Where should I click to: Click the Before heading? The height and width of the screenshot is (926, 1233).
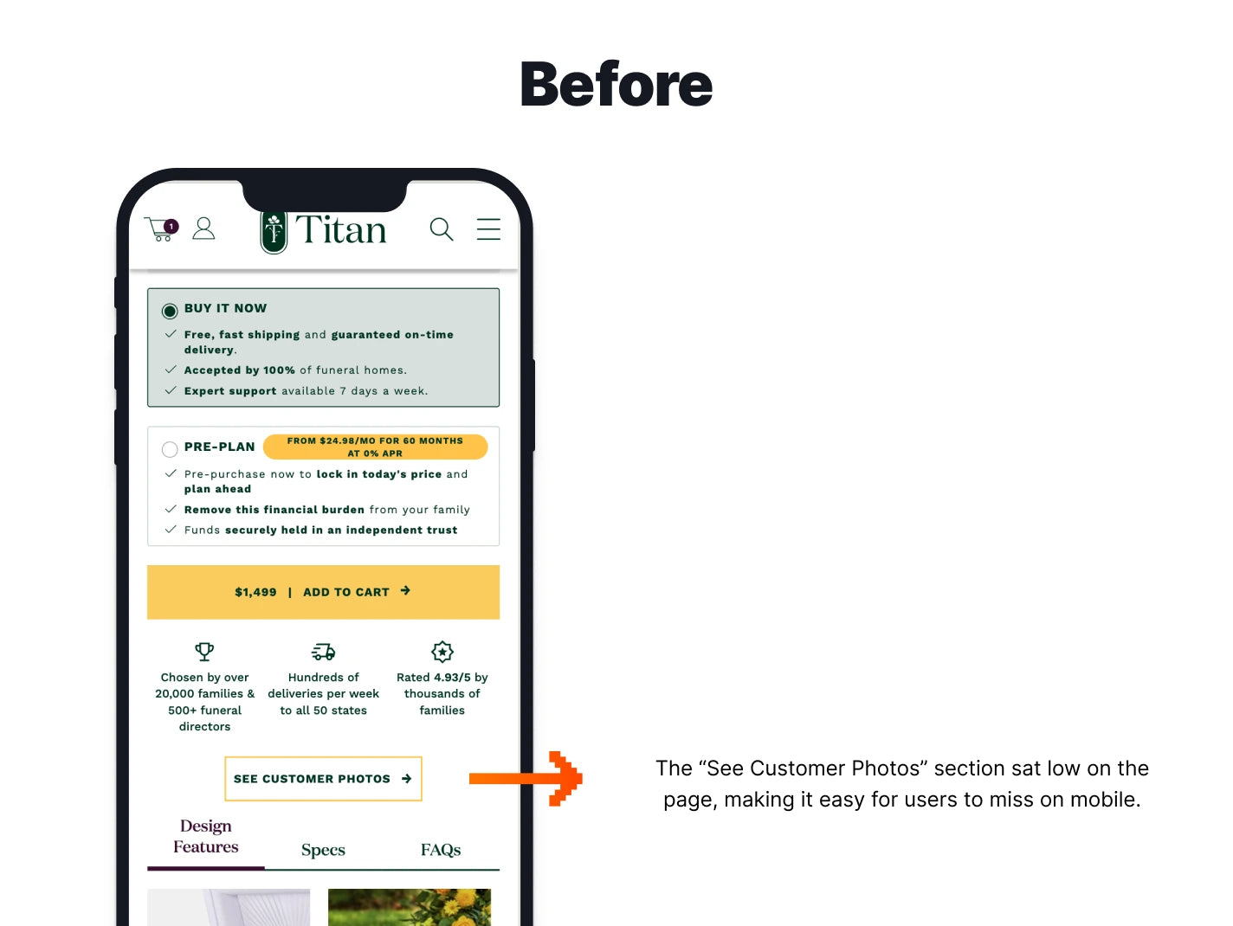click(x=616, y=85)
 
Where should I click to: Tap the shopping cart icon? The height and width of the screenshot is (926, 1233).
click(x=160, y=229)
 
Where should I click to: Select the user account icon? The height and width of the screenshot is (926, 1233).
click(x=203, y=228)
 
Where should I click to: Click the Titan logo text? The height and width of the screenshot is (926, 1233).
click(x=340, y=230)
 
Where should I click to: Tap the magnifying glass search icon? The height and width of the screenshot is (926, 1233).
click(x=442, y=229)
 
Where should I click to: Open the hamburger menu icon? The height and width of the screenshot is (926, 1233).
click(x=488, y=229)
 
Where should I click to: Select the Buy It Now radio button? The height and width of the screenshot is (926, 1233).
click(x=170, y=311)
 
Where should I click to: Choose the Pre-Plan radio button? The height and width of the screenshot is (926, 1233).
click(x=170, y=449)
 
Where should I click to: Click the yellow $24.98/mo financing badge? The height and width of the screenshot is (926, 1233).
click(x=375, y=447)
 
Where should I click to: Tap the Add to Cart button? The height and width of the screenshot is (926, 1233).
click(x=323, y=592)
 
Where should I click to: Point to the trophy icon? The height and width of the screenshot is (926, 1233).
click(x=204, y=651)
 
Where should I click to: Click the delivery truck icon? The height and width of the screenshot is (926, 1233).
click(x=323, y=652)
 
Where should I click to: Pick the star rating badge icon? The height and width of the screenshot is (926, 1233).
click(x=442, y=652)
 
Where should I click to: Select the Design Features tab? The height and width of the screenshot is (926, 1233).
click(x=205, y=837)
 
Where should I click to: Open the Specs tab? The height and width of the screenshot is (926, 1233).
click(x=323, y=850)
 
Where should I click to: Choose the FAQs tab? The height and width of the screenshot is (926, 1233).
click(x=441, y=850)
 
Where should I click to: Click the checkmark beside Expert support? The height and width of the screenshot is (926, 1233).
click(x=171, y=390)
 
